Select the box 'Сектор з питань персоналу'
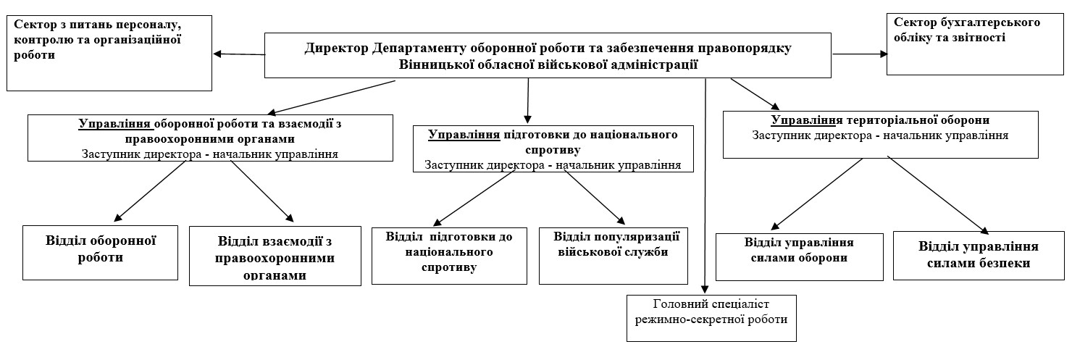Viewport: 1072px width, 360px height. click(109, 52)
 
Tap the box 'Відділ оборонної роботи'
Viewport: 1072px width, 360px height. click(101, 252)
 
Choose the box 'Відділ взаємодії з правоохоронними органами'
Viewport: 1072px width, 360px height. click(275, 256)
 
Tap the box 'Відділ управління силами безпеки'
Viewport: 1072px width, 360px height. click(978, 255)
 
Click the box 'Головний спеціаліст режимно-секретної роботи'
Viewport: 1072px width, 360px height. click(711, 317)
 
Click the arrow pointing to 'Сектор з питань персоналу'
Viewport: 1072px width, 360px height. click(239, 54)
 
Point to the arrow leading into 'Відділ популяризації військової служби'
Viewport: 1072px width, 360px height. click(594, 196)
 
